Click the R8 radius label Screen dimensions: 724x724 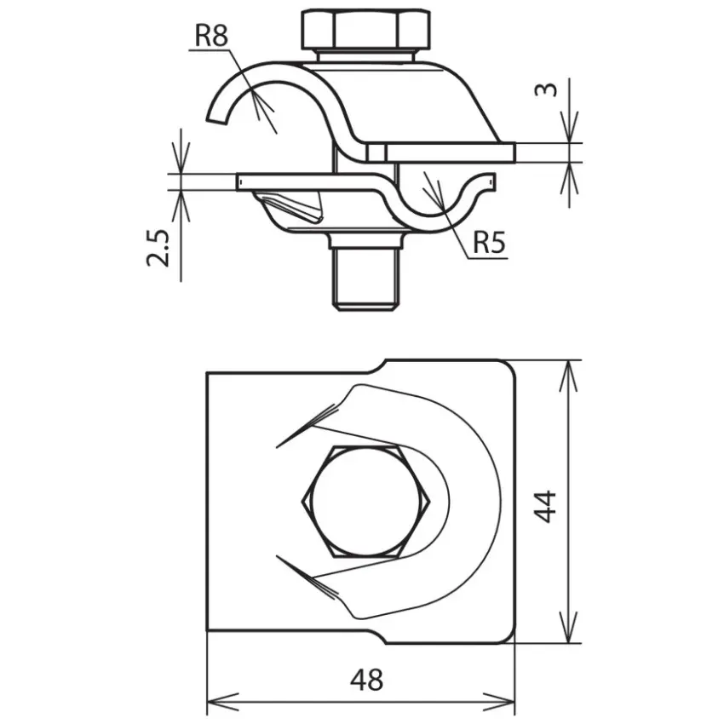click(x=211, y=35)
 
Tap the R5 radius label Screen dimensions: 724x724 click(x=489, y=242)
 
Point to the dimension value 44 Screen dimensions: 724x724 click(x=545, y=507)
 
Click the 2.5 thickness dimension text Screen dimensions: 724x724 click(x=158, y=248)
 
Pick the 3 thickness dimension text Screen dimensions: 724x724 click(x=546, y=89)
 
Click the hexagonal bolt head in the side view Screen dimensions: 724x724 click(x=365, y=29)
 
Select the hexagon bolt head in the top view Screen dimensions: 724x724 click(x=365, y=502)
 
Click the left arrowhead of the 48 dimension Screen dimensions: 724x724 click(x=222, y=703)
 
